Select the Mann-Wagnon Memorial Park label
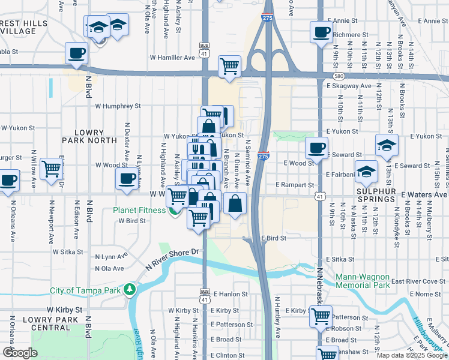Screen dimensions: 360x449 point(363,281)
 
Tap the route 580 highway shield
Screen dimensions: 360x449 point(339,76)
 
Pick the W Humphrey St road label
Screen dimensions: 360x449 point(118,106)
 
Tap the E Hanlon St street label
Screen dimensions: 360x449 point(229,294)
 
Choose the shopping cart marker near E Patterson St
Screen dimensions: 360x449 point(321,315)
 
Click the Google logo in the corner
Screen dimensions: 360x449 point(20,353)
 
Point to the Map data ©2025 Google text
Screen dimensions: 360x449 point(412,355)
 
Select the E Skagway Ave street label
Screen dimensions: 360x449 point(349,86)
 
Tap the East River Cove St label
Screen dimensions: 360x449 point(420,281)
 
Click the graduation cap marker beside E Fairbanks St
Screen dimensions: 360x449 point(366,172)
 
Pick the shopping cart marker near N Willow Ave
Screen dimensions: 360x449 point(52,169)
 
